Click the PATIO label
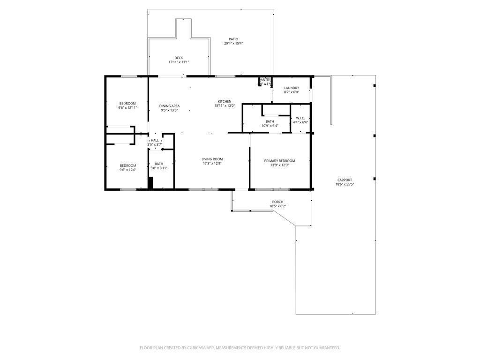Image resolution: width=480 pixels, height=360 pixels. pyautogui.click(x=233, y=39)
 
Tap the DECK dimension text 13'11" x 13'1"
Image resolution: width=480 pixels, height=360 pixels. pyautogui.click(x=179, y=62)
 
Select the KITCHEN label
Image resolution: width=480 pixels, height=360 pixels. pyautogui.click(x=224, y=102)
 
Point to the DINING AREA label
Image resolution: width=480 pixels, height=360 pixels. pyautogui.click(x=169, y=106)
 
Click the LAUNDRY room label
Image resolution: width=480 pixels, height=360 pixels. pyautogui.click(x=291, y=88)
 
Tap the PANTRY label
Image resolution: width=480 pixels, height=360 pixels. pyautogui.click(x=265, y=80)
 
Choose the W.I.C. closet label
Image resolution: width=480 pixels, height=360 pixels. pyautogui.click(x=300, y=118)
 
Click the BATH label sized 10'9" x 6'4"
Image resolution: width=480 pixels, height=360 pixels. pyautogui.click(x=270, y=121)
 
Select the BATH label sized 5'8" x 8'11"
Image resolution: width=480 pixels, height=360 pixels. pyautogui.click(x=158, y=164)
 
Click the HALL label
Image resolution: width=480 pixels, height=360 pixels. pyautogui.click(x=154, y=140)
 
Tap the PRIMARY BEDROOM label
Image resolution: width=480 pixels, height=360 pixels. pyautogui.click(x=279, y=161)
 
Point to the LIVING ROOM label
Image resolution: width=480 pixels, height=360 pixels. pyautogui.click(x=212, y=159)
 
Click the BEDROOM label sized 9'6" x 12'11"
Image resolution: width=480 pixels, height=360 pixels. pyautogui.click(x=127, y=104)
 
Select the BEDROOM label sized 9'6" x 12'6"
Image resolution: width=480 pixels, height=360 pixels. pyautogui.click(x=127, y=165)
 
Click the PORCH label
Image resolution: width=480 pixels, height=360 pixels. pyautogui.click(x=277, y=202)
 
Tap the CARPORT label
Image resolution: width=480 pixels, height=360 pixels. pyautogui.click(x=345, y=180)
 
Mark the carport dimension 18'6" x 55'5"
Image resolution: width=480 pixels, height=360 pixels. pyautogui.click(x=345, y=184)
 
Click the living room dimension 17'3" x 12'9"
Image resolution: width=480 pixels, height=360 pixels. pyautogui.click(x=212, y=164)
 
